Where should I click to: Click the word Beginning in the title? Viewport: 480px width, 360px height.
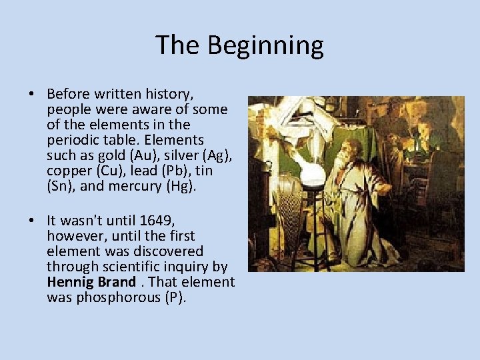[265, 46]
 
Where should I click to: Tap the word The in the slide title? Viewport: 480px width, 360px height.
[178, 45]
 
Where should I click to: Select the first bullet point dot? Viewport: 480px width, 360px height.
[31, 94]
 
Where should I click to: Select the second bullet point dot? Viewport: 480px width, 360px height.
[31, 220]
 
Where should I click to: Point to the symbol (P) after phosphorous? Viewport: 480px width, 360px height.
[175, 297]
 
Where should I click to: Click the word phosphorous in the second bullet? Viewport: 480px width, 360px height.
[112, 297]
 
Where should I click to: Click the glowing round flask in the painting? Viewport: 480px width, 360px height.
[312, 175]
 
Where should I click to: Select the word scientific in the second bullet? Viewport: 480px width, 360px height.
[127, 266]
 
